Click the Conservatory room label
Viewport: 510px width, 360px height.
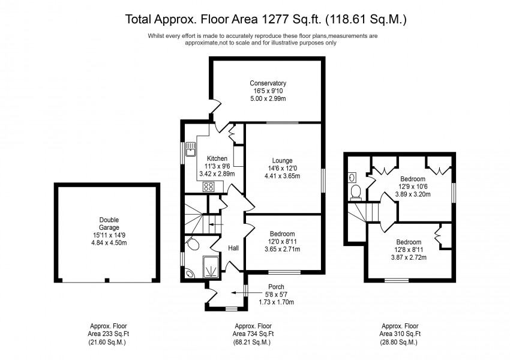coord(268,83)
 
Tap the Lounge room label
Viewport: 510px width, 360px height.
coord(282,161)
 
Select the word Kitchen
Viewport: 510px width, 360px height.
coord(217,158)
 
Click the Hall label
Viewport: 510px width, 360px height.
coord(233,248)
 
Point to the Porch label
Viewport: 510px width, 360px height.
coord(276,287)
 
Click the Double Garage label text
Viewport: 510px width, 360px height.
coord(109,224)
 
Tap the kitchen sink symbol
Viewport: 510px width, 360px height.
coord(190,149)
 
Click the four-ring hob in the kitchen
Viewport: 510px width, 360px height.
coord(208,187)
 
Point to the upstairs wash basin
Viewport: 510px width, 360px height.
coord(352,177)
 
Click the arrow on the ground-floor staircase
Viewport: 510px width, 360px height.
coord(216,224)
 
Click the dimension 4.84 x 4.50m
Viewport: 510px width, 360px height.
coord(109,243)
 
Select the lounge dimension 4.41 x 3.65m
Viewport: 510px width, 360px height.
coord(282,176)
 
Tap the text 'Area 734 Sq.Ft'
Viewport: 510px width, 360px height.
coord(253,334)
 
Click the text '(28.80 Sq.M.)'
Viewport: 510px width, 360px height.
coord(398,342)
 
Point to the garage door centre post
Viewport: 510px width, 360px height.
coord(107,280)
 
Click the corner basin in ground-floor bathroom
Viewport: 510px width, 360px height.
coord(189,274)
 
